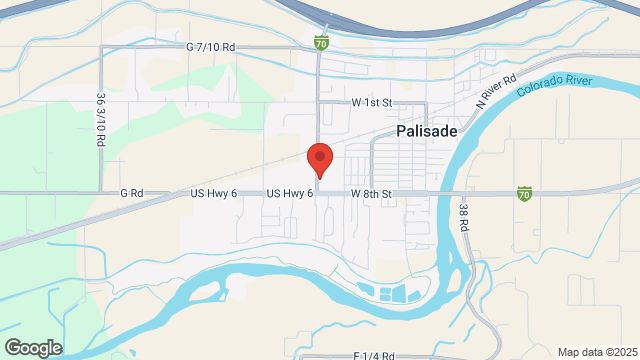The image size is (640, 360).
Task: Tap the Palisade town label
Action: [427, 132]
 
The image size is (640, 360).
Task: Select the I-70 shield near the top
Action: [320, 43]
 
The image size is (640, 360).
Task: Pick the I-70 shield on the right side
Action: [524, 193]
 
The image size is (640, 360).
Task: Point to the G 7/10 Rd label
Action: [210, 47]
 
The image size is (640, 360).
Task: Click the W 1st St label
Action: [371, 103]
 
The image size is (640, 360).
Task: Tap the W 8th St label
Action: [370, 193]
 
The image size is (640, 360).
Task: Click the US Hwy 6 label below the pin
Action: [290, 193]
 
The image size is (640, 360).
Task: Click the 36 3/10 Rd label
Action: [101, 121]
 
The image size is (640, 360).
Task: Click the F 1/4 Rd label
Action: [374, 355]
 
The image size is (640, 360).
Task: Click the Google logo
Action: [32, 347]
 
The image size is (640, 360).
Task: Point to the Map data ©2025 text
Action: [596, 352]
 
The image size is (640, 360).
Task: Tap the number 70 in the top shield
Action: [320, 44]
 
